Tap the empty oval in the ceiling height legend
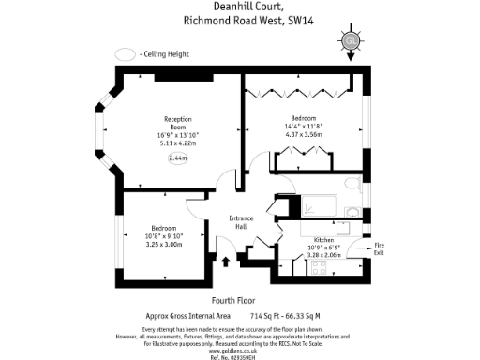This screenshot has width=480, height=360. (124, 55)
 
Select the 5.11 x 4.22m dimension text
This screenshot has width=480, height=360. (177, 145)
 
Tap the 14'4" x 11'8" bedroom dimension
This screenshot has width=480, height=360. (302, 126)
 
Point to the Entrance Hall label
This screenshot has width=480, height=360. (239, 223)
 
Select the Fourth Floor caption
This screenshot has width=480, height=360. (227, 300)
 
